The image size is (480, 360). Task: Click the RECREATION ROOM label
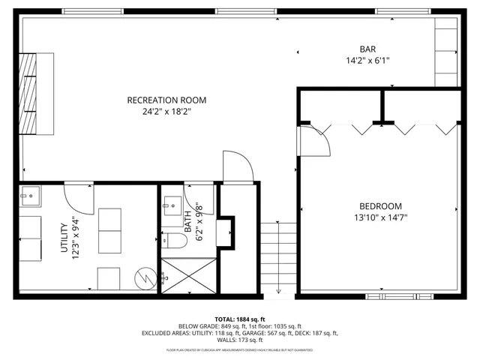166,100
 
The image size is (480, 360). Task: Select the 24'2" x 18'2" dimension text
166,113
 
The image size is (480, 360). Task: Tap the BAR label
368,49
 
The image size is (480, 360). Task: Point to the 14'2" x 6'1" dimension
368,61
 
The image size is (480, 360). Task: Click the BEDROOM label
380,206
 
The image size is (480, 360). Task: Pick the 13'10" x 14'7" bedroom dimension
380,218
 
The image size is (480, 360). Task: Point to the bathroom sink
170,203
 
